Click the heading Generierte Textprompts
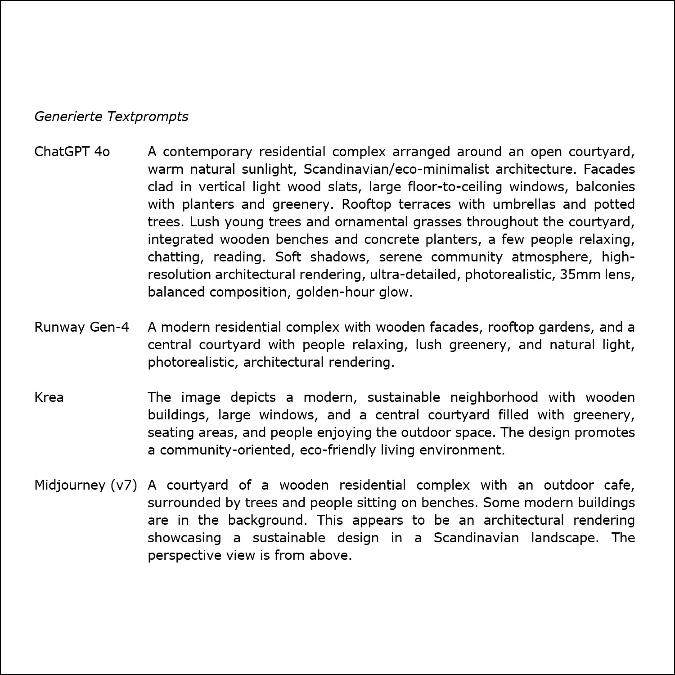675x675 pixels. coord(111,117)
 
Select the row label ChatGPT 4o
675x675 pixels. coord(72,152)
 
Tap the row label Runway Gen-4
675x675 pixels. coord(81,327)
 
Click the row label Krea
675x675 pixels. coord(49,397)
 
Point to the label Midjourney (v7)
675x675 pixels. coord(85,485)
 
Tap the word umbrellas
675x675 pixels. coord(524,204)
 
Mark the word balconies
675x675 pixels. coord(605,187)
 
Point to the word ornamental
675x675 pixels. coord(364,222)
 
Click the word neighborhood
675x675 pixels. coord(494,397)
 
